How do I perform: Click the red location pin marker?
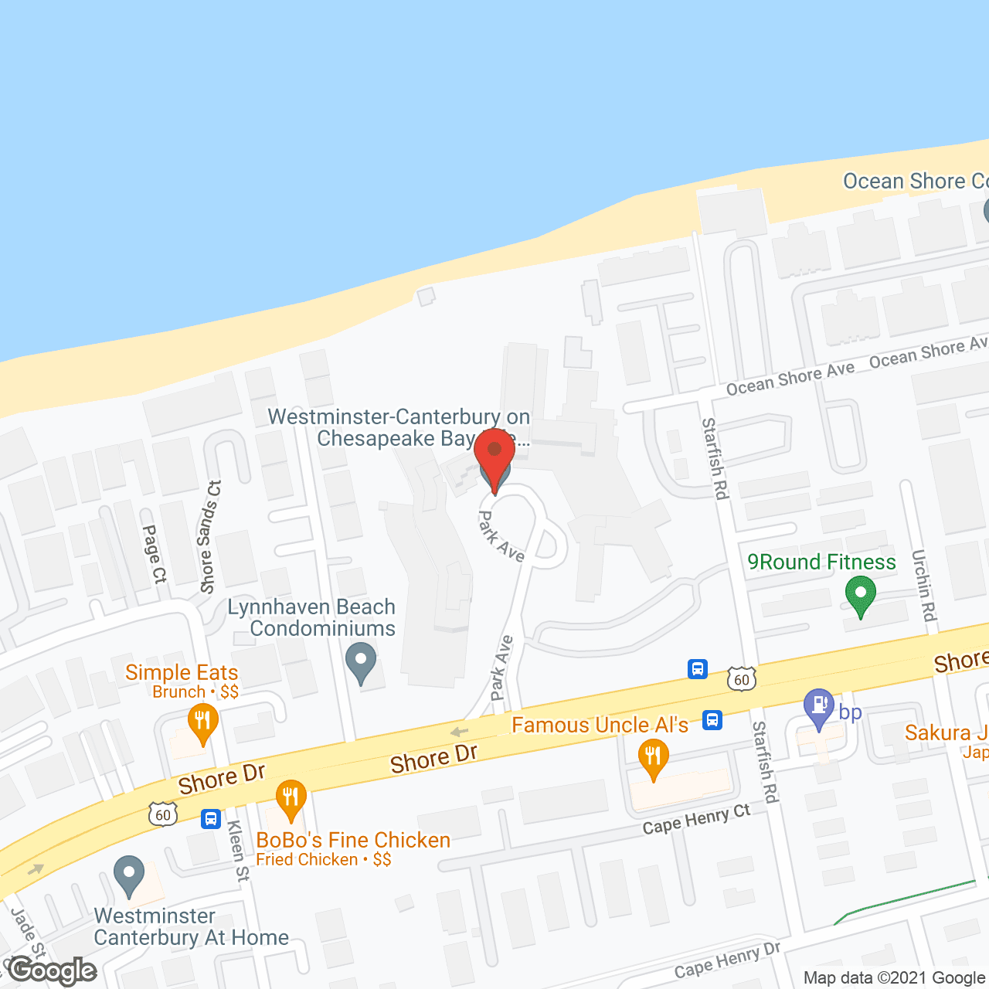(494, 456)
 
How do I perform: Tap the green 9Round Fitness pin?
(860, 596)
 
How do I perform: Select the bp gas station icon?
(818, 707)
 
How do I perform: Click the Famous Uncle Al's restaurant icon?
(654, 758)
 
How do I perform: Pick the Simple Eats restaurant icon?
(202, 722)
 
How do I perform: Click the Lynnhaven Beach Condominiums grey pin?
(361, 662)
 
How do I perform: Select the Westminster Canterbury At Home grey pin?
(129, 875)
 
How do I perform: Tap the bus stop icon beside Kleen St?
(211, 818)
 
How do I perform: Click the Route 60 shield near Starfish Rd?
(742, 679)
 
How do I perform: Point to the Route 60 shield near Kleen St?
(163, 814)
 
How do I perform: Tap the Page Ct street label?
(154, 553)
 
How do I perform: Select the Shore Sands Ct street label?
(209, 536)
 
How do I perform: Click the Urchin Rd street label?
(923, 585)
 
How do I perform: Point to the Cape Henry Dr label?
(727, 960)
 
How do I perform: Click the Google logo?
(52, 971)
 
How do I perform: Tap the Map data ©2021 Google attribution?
(894, 977)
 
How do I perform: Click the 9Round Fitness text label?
(821, 562)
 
